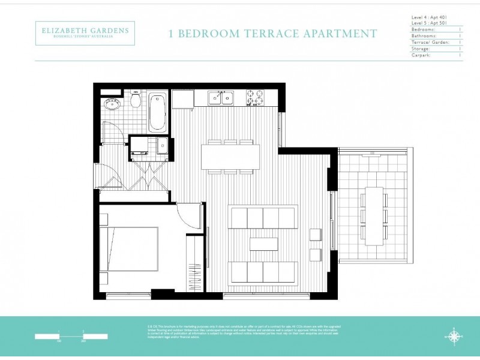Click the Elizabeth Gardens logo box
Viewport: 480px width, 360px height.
pyautogui.click(x=85, y=33)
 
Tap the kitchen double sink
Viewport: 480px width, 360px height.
pyautogui.click(x=221, y=98)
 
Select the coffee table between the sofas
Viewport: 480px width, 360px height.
pyautogui.click(x=264, y=244)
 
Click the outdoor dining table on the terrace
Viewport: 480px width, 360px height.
pyautogui.click(x=374, y=215)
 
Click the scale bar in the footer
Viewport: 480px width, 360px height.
pyautogui.click(x=71, y=336)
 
